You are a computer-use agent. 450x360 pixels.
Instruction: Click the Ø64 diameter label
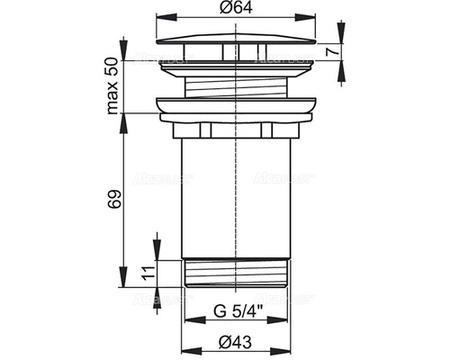pyautogui.click(x=235, y=10)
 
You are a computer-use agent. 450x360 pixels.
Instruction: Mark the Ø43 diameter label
pyautogui.click(x=235, y=342)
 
